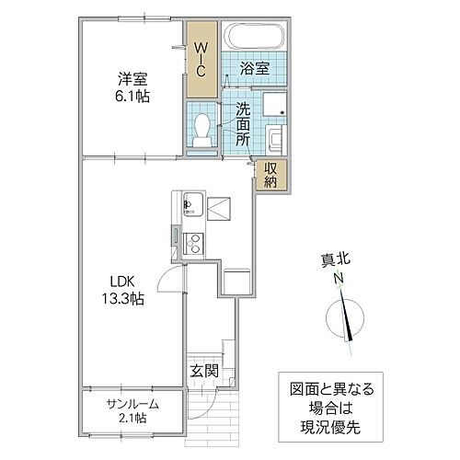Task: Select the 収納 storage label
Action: (272, 175)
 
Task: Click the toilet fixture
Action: (202, 127)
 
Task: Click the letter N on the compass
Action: (339, 279)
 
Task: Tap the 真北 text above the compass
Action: (340, 260)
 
